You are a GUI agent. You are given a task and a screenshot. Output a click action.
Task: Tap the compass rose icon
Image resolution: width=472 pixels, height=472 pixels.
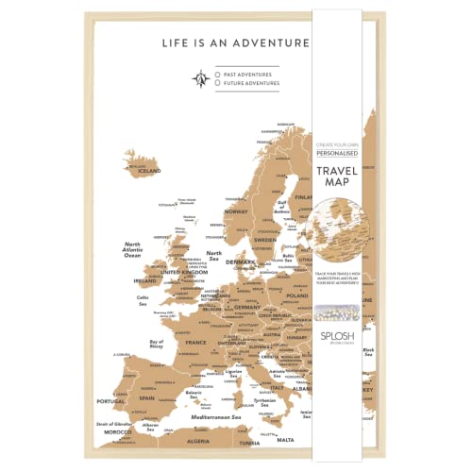[x=199, y=77]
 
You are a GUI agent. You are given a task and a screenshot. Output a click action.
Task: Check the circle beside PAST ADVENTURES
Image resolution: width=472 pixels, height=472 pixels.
[x=218, y=73]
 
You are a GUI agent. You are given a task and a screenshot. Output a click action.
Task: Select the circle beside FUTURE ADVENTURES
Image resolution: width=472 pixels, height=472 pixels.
[x=218, y=83]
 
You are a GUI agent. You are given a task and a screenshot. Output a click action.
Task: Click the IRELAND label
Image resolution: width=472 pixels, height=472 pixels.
[x=145, y=280]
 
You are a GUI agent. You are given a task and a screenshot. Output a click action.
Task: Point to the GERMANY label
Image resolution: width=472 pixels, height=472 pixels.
[x=247, y=307]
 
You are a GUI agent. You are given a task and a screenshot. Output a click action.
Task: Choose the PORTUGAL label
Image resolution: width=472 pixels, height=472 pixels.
[x=112, y=400]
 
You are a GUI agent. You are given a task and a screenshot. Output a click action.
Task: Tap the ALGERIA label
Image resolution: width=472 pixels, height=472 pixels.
[x=196, y=440]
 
